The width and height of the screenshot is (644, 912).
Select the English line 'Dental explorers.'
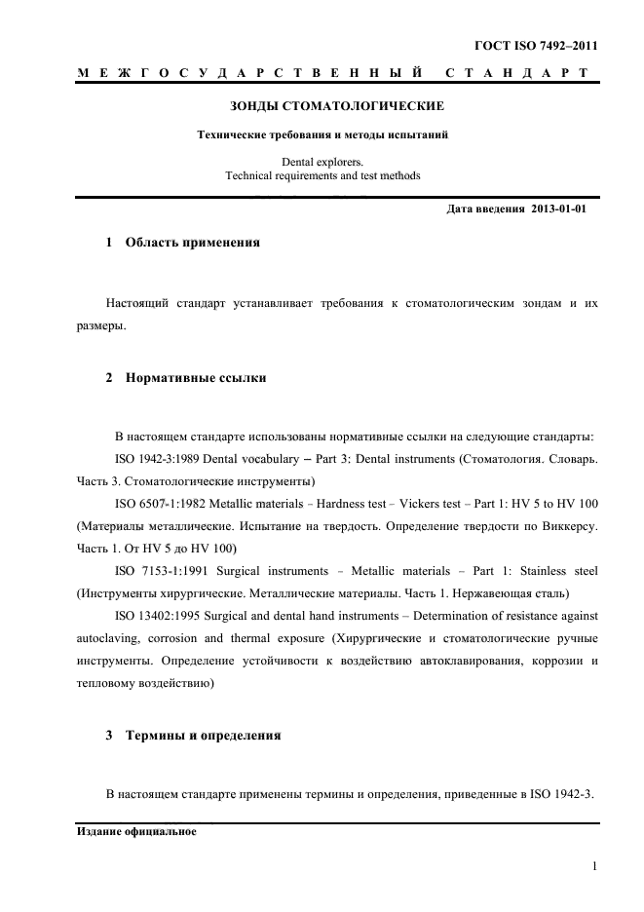[322, 161]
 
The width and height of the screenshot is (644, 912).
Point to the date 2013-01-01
[559, 209]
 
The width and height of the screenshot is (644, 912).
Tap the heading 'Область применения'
[193, 242]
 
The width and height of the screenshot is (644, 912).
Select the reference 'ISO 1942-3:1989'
[158, 458]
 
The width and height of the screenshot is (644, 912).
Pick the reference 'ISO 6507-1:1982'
[158, 503]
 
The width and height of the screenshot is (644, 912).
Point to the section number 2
[109, 376]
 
